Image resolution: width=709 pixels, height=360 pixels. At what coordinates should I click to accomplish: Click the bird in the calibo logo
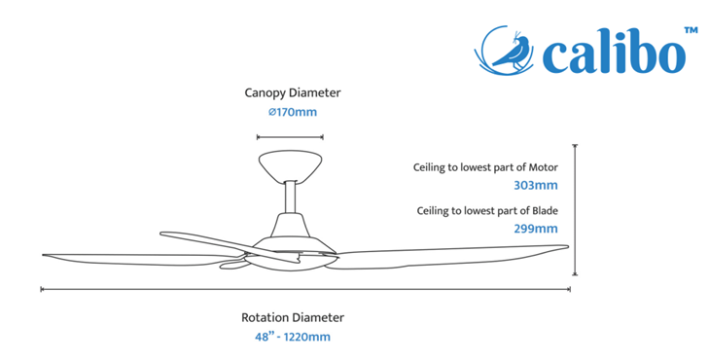pos(513,52)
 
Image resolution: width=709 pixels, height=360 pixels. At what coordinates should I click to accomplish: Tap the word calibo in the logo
pos(614,52)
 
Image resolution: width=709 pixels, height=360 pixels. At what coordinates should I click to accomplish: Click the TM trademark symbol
pos(691,31)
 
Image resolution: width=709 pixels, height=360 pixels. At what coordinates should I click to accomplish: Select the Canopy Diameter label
pos(293,93)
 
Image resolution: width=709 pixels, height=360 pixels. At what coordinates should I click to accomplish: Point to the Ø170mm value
pos(293,112)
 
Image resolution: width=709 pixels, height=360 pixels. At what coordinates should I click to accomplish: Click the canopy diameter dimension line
pos(290,137)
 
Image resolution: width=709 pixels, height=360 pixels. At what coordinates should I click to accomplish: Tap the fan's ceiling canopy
pos(290,165)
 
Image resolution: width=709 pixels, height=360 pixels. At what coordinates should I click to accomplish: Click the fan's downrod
pos(290,198)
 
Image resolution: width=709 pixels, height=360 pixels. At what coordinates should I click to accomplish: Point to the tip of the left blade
pos(43,255)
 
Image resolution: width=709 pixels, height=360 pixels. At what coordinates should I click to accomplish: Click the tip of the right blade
pos(568,246)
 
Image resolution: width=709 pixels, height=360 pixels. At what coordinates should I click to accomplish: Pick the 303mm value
pos(536,186)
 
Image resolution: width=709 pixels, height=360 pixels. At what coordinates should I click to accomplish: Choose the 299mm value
pos(536,229)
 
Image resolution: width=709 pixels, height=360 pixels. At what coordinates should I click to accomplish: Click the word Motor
pos(544,167)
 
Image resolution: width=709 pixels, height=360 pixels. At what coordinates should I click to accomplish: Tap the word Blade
pos(545,211)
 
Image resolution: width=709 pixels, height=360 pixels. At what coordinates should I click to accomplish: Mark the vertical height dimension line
pos(575,210)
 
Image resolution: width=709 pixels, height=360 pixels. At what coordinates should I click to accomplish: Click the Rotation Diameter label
pos(293,317)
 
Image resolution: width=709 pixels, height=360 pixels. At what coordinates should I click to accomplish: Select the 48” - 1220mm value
pos(293,337)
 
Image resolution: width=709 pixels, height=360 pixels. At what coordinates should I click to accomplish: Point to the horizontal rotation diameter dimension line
pos(305,289)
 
